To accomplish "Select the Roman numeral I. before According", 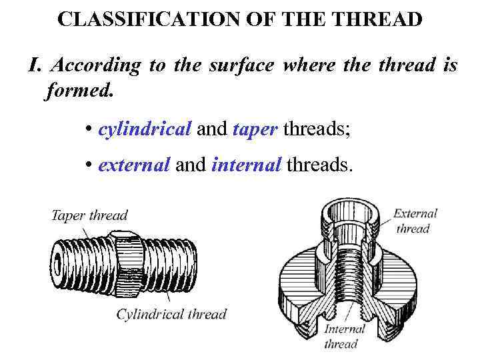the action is tap(35, 65).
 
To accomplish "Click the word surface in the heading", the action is tap(241, 65).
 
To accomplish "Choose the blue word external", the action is tap(134, 165).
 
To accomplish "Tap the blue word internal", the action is tap(246, 165).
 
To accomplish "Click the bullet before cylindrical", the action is tap(89, 129).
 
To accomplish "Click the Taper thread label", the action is tap(89, 215).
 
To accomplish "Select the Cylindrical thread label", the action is tap(171, 314).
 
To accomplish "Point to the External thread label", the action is tap(415, 221).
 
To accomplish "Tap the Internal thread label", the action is tap(344, 337).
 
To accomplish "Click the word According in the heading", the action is tap(95, 65).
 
